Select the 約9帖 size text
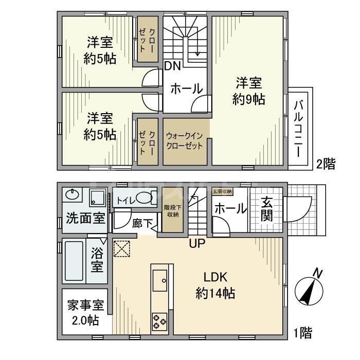tap(249, 100)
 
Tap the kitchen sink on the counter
tap(160, 280)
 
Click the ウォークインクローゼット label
tap(186, 140)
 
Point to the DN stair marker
tap(171, 66)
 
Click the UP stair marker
tap(197, 244)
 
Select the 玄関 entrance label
tap(266, 209)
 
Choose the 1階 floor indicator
tap(302, 333)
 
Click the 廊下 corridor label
tap(141, 224)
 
